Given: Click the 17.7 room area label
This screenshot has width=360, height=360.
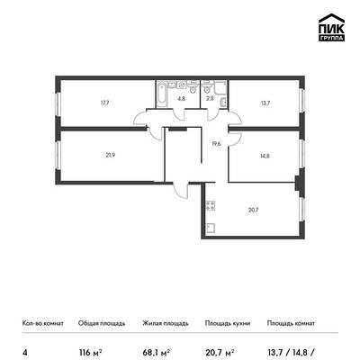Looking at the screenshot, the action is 104,103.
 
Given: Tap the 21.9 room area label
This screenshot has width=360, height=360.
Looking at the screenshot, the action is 111,155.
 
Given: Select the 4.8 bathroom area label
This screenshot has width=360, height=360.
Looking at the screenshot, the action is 181,98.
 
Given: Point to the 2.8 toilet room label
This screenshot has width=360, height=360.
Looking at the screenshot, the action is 210,98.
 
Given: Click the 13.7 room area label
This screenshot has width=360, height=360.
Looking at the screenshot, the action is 265,103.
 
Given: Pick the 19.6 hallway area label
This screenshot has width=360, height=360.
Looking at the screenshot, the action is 216,143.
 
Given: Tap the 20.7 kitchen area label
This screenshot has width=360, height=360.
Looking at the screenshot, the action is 254,210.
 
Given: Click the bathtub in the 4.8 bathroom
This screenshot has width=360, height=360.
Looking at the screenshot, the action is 162,94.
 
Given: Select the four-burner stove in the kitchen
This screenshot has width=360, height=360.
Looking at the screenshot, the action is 211,205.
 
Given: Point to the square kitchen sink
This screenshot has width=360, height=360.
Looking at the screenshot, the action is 211,228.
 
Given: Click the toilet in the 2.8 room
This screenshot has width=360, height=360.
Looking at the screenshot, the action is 206,87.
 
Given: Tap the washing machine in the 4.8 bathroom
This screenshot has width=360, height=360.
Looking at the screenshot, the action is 181,85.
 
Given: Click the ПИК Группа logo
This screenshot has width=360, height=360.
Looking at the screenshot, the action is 331,27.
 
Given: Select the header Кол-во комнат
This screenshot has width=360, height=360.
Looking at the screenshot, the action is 43,323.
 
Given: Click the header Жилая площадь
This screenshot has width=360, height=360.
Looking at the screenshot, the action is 166,323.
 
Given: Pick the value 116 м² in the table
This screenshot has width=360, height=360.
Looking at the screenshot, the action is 90,352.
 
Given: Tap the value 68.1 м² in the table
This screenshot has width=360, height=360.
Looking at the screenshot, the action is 157,352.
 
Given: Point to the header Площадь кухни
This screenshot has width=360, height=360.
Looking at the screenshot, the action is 228,323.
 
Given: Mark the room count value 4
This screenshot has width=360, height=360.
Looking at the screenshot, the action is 24,352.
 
